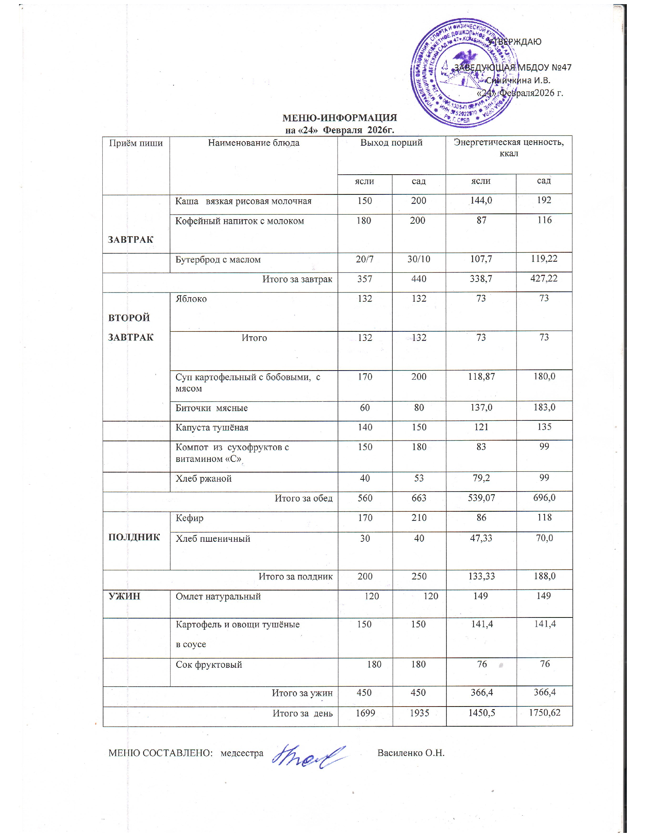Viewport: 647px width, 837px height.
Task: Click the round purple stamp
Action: coord(463,73)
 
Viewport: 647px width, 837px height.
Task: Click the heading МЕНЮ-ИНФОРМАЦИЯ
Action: coord(339,118)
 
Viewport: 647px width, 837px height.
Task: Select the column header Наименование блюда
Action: coord(253,143)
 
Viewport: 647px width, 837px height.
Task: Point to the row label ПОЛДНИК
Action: coord(134,537)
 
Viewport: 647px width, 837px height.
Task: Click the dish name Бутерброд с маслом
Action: coord(218,259)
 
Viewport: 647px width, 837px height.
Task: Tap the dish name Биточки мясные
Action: coord(211,408)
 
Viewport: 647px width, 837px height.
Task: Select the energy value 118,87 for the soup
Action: coord(481,377)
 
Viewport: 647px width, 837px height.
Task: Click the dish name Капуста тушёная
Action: coord(212,427)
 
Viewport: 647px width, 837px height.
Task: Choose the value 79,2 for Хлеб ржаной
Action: coord(481,478)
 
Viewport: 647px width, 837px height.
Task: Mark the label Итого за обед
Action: coord(304,498)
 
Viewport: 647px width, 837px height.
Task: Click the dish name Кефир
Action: coord(190,518)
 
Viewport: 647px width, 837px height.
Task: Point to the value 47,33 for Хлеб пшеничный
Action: coord(481,538)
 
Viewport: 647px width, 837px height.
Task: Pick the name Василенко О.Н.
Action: coord(411,753)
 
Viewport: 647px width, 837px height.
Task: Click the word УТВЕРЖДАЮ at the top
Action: coord(515,42)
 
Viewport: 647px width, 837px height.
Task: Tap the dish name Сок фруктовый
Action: coord(209,665)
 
